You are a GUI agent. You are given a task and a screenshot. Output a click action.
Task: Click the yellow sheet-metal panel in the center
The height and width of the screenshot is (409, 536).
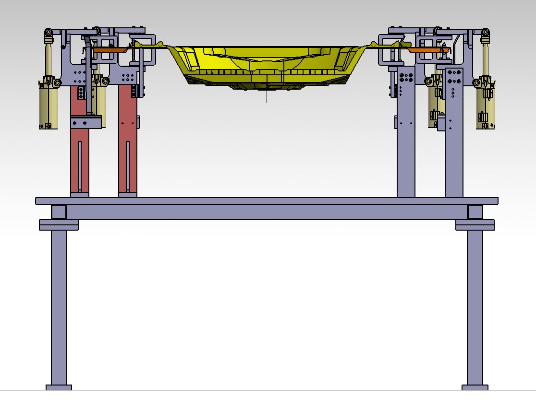click(267, 65)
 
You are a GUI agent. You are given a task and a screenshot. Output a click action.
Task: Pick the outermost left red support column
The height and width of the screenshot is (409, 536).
click(79, 158)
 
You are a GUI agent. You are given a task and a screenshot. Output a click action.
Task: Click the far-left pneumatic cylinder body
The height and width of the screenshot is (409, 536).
click(48, 108)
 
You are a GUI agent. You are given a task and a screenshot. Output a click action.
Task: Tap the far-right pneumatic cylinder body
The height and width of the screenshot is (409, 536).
click(486, 108)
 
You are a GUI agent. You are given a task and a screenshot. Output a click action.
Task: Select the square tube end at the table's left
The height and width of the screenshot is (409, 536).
click(59, 212)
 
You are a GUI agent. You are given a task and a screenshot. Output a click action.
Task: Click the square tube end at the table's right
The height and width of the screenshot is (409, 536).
click(475, 212)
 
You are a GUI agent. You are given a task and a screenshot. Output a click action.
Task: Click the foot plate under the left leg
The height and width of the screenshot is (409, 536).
click(59, 387)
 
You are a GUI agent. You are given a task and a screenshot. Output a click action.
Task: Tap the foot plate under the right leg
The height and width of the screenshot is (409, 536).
click(475, 387)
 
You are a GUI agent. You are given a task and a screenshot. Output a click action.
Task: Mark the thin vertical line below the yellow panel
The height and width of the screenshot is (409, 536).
click(267, 96)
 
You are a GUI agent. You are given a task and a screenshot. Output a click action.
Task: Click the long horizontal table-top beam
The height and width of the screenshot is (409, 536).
click(267, 201)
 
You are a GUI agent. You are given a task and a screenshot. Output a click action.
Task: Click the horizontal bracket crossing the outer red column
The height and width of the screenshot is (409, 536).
click(87, 123)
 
